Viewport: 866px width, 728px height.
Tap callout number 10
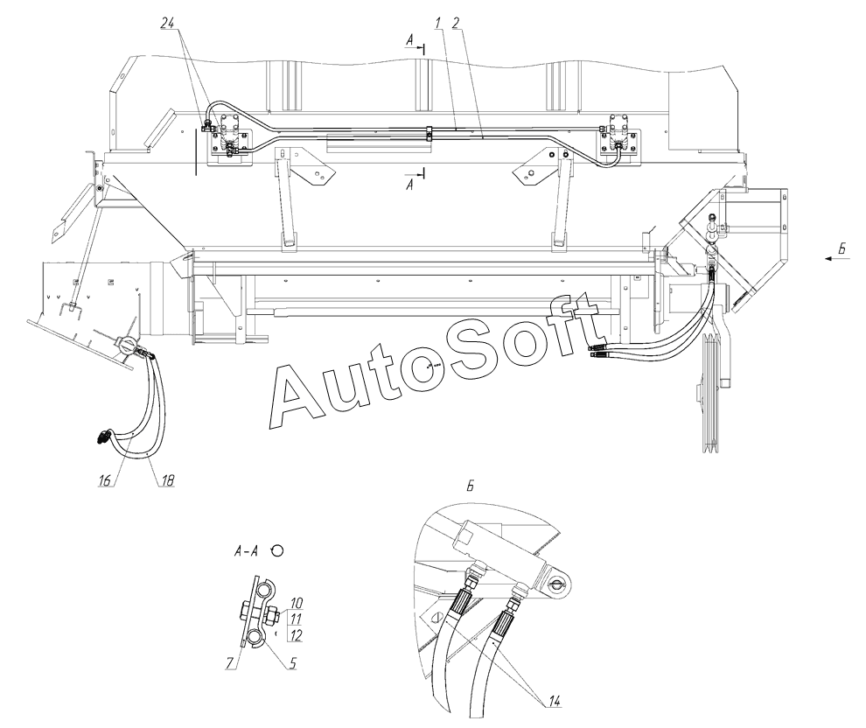(x=297, y=603)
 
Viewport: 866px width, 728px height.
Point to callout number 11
(x=297, y=617)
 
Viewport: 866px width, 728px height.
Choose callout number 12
(x=297, y=633)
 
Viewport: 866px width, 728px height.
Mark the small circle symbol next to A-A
(x=278, y=550)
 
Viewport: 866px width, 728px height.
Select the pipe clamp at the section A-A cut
(x=429, y=133)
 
